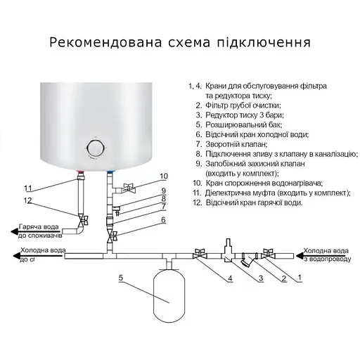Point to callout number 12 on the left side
tap(28, 201)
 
